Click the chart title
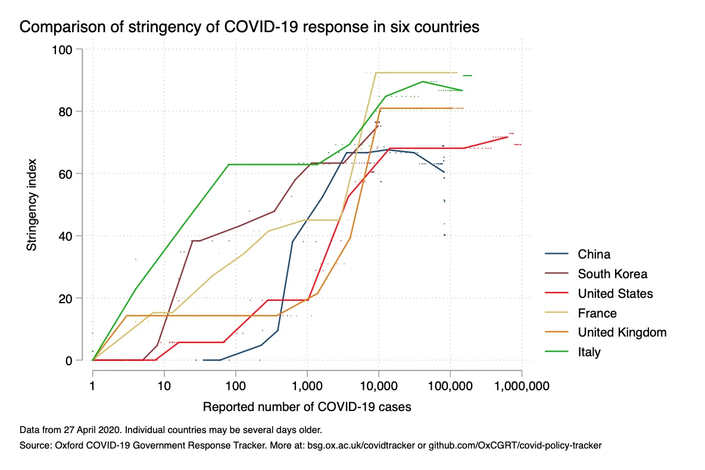click(x=249, y=27)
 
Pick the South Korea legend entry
click(x=596, y=274)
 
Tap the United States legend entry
click(x=599, y=294)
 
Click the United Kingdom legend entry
click(x=606, y=332)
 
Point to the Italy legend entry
click(x=573, y=351)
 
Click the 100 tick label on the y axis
click(x=62, y=49)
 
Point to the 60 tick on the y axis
click(x=65, y=174)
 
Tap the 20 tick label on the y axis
click(x=65, y=298)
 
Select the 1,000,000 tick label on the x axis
click(x=522, y=386)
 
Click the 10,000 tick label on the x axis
click(x=379, y=386)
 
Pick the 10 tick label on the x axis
click(x=164, y=386)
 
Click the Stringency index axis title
click(x=32, y=205)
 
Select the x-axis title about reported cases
click(x=307, y=407)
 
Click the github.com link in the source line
click(x=515, y=446)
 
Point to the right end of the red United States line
click(x=508, y=137)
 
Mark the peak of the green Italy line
click(x=423, y=82)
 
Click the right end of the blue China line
click(x=444, y=172)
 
